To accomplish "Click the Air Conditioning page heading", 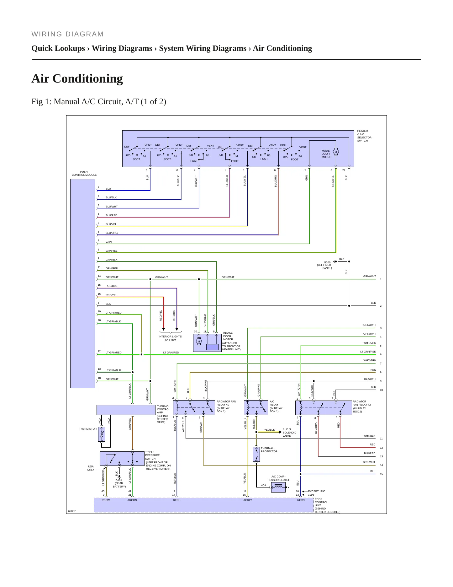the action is click(x=77, y=78).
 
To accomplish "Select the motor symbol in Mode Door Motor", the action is click(x=336, y=152).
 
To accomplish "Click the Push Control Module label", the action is click(x=84, y=173).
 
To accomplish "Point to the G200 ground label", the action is click(x=325, y=265).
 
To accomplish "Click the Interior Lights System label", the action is click(x=170, y=338).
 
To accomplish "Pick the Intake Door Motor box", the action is click(x=207, y=343).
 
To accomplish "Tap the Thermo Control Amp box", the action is click(x=126, y=410).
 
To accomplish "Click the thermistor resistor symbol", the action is click(x=102, y=434).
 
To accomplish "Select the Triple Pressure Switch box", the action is click(x=122, y=459).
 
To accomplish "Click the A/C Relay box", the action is click(x=256, y=407).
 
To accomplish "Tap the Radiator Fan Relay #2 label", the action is click(x=362, y=407).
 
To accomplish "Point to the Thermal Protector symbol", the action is click(x=256, y=454).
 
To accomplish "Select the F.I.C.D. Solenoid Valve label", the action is click(x=289, y=432).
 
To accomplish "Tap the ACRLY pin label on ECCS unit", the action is click(x=248, y=500).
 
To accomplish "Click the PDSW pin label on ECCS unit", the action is click(x=106, y=500).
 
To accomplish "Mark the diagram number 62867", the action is click(x=72, y=511).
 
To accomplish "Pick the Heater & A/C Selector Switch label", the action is click(x=364, y=136).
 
